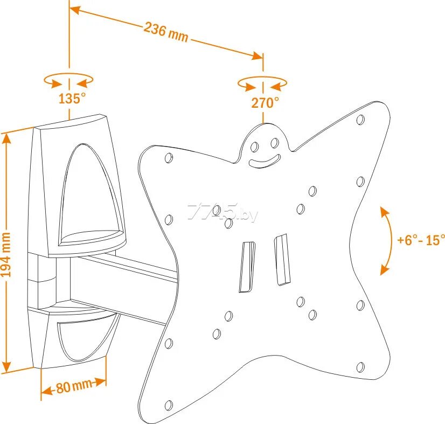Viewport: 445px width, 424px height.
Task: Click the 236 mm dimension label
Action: (166, 32)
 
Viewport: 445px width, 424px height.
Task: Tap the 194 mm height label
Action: (7, 253)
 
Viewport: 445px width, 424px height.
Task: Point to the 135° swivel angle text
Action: (72, 99)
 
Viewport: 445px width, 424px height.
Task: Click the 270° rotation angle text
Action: (265, 102)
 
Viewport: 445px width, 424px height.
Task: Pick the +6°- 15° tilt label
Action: (421, 240)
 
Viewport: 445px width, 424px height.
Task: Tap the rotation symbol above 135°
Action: (68, 81)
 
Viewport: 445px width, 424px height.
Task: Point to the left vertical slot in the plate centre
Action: (247, 267)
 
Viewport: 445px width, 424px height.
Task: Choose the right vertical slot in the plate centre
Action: (282, 260)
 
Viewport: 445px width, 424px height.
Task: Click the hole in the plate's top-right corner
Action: (360, 120)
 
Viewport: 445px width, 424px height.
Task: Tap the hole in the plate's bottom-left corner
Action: (169, 405)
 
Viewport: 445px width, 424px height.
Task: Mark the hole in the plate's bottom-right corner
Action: (360, 368)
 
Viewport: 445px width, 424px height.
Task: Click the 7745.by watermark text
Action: (222, 213)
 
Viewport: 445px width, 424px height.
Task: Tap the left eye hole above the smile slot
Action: (255, 147)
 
